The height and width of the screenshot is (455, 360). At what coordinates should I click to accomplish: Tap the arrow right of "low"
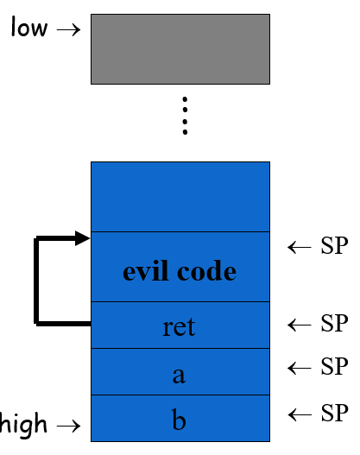pos(67,29)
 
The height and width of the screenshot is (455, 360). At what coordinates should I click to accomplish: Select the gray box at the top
pos(180,48)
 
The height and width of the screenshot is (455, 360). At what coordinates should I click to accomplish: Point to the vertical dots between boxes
pos(184,116)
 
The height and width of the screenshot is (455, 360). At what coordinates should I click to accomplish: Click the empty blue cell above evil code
pos(180,197)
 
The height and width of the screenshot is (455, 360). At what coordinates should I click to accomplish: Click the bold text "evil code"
pos(180,271)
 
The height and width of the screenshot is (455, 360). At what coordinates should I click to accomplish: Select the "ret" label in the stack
pos(180,327)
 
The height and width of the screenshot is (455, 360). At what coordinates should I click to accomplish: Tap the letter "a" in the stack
pos(180,375)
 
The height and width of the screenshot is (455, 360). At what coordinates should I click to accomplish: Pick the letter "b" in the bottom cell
pos(180,421)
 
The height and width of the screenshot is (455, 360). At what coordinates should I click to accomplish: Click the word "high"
pos(24,424)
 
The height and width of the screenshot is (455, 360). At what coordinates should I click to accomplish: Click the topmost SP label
pos(333,247)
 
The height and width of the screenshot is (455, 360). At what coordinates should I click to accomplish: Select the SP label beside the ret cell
pos(333,324)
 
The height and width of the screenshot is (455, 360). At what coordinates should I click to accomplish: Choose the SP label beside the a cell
pos(333,367)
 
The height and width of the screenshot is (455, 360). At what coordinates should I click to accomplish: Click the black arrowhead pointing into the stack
pos(83,238)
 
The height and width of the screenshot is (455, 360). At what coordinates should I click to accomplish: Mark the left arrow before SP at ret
pos(299,325)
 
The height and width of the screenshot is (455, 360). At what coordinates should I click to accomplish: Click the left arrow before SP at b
pos(299,412)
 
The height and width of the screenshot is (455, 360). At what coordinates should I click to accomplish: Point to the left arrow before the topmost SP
pos(299,248)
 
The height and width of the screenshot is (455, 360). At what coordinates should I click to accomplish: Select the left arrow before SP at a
pos(299,368)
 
